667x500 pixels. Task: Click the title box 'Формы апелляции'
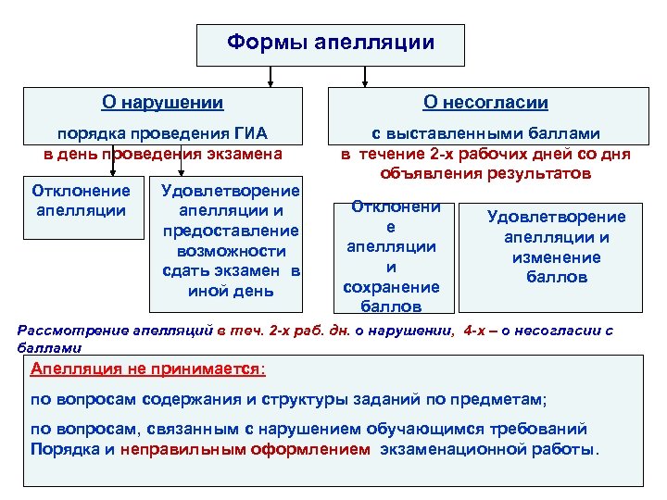(330, 44)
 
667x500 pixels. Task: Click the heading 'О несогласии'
(485, 103)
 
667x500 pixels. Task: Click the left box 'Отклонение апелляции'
(82, 200)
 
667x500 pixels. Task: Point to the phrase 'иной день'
(231, 291)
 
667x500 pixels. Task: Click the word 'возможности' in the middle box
(231, 251)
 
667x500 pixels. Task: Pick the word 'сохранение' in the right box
(391, 287)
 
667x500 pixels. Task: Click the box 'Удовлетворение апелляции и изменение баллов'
(556, 246)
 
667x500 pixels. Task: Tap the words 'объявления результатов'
(485, 172)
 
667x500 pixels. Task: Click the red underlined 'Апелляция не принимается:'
(147, 369)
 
